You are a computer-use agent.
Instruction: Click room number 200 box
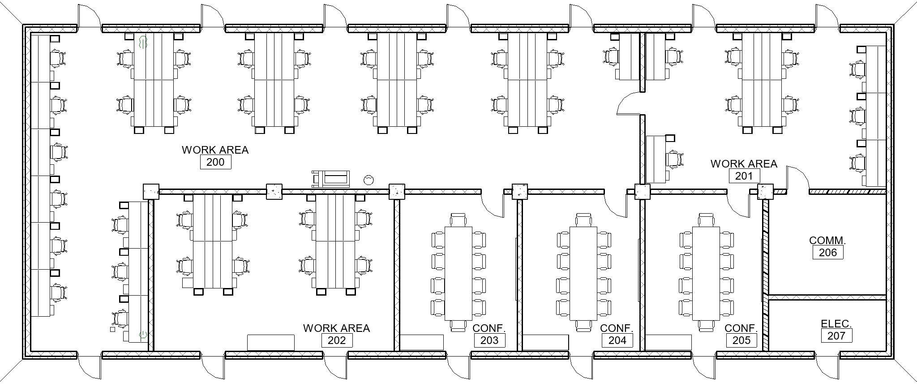[215, 162]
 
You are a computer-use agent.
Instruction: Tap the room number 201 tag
[744, 176]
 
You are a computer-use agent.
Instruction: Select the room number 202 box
[337, 340]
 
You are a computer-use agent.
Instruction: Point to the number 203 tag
[489, 340]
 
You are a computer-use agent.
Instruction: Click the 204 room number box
[617, 340]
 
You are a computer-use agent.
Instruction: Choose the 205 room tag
[741, 340]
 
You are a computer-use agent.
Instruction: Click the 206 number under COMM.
[828, 253]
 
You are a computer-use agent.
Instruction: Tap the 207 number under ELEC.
[836, 336]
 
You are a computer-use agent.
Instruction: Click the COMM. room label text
[827, 241]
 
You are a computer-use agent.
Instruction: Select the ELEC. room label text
[836, 324]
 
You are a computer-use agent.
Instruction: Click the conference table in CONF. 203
[458, 273]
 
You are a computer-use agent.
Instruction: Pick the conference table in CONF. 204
[583, 273]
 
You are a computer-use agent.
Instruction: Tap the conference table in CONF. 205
[706, 273]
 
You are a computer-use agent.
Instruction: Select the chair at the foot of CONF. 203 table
[458, 326]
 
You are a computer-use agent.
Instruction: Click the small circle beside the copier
[369, 180]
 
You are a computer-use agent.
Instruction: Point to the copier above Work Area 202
[331, 178]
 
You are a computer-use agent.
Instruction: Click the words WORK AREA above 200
[215, 150]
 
